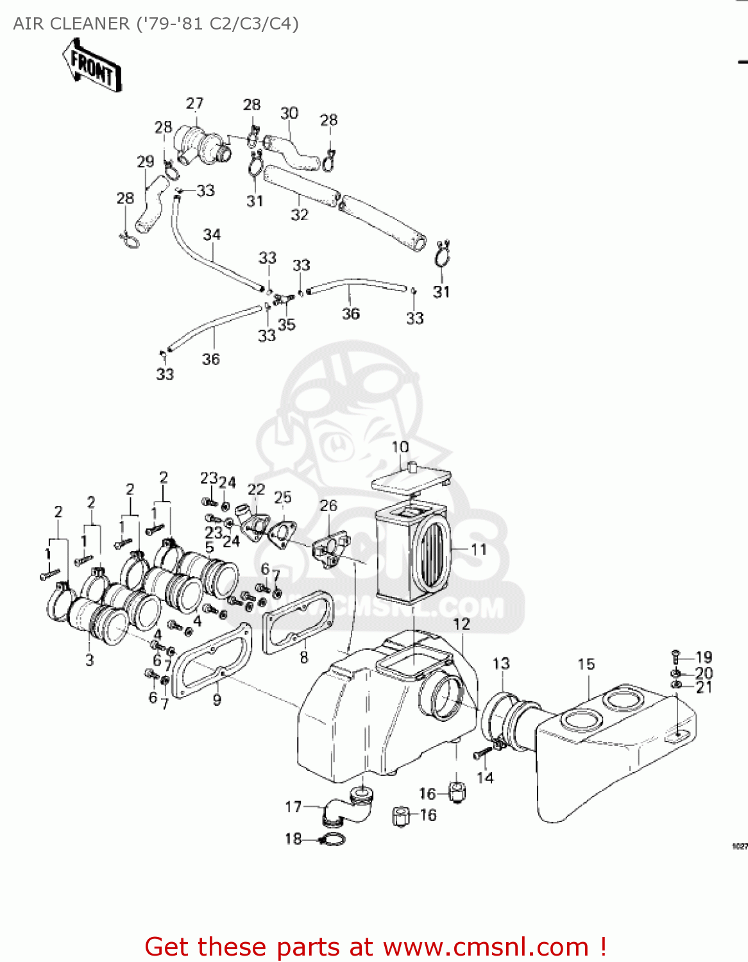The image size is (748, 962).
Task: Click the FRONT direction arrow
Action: point(92,65)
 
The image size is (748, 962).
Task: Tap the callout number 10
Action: point(400,447)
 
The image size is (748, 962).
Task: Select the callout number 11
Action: point(479,550)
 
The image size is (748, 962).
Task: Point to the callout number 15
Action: point(586,664)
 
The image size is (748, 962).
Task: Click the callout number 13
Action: point(501,663)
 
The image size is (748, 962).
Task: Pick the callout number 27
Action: point(194,103)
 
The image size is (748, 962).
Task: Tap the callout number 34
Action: point(212,235)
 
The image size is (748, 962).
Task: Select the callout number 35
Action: point(286,324)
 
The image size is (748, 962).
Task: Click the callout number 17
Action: point(293,806)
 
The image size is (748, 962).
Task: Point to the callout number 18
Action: point(293,838)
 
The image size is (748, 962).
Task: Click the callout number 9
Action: point(217,700)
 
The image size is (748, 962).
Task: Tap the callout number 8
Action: point(303,657)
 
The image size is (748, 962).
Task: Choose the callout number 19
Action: point(704,657)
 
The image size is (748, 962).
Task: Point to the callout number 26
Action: point(328,505)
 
